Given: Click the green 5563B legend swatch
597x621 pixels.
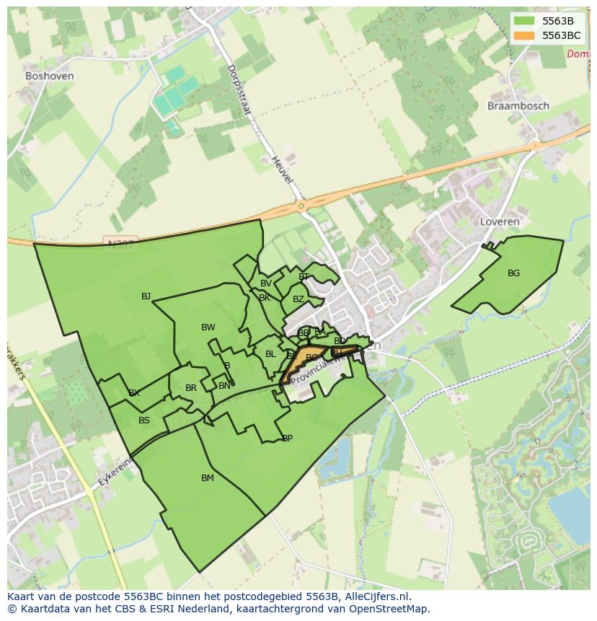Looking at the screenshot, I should click(524, 20).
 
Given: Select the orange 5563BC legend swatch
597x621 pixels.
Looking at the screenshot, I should click(524, 35).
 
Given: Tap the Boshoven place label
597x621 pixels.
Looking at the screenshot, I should click(49, 76).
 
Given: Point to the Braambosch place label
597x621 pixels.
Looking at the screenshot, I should click(518, 105).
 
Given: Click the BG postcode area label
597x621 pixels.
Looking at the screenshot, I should click(513, 273).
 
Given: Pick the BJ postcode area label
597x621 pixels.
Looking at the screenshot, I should click(146, 296).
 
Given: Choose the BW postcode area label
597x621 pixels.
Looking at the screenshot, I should click(208, 327).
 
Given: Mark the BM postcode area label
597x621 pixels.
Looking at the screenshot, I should click(208, 478).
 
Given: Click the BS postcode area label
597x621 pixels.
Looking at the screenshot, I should click(144, 420).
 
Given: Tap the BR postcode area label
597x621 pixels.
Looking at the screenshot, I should click(191, 388).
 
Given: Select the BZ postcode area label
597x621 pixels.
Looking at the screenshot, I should click(298, 299).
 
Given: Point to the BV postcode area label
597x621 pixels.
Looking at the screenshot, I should click(266, 283).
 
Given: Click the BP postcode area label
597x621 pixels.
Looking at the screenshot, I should click(287, 439).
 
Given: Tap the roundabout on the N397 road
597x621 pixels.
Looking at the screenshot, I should click(301, 207).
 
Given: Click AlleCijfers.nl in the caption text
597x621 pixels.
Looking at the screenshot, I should click(375, 596).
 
